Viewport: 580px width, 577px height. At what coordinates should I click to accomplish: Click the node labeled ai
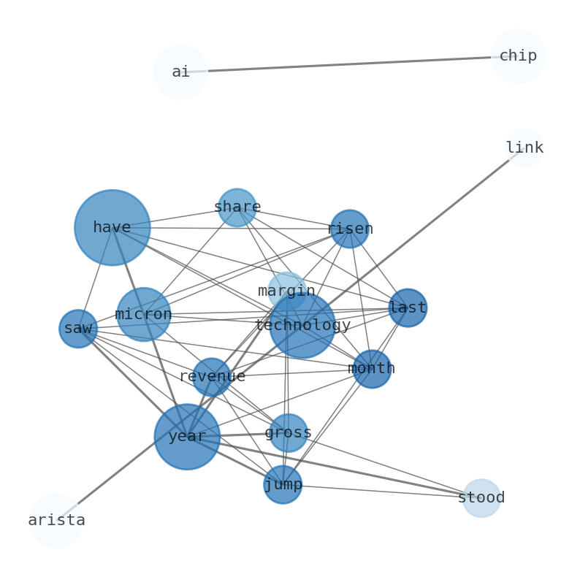[x=180, y=72]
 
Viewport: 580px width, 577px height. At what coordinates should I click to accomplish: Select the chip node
[x=518, y=56]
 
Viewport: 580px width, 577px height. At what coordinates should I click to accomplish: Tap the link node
[x=524, y=148]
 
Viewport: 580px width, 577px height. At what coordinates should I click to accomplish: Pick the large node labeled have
[x=112, y=228]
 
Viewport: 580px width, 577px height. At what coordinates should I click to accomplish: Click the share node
[x=237, y=207]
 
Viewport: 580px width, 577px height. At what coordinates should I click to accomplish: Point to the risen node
[x=350, y=229]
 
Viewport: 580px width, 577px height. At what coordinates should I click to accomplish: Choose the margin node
[x=286, y=291]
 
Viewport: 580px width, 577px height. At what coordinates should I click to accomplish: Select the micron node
[x=143, y=315]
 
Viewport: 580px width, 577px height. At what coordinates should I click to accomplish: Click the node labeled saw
[x=78, y=329]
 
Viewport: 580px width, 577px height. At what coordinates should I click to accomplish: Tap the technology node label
[x=302, y=326]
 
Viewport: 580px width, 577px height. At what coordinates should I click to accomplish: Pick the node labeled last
[x=408, y=308]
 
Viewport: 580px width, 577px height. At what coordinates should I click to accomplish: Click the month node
[x=372, y=369]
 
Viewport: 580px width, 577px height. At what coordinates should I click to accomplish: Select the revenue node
[x=212, y=377]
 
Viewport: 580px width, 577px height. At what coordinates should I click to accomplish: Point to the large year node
[x=187, y=437]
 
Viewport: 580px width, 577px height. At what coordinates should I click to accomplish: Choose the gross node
[x=288, y=433]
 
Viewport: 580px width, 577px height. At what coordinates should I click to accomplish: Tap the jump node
[x=283, y=485]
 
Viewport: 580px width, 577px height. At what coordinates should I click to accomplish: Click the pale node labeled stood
[x=481, y=498]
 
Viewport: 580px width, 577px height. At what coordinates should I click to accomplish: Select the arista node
[x=56, y=521]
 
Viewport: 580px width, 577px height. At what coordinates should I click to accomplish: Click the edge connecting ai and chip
[x=349, y=64]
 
